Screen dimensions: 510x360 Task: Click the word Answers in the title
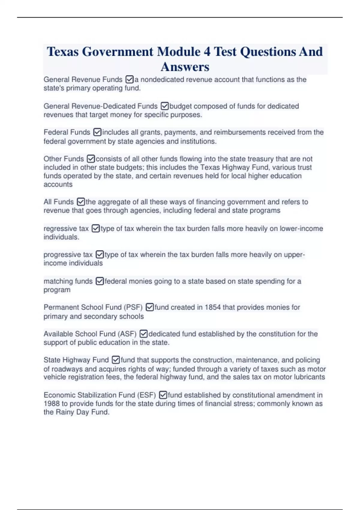[185, 67]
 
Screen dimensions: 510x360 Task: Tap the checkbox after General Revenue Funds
[130, 79]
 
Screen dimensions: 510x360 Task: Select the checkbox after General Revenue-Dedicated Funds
[165, 106]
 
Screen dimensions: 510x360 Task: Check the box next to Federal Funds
[97, 132]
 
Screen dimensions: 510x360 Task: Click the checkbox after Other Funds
[91, 159]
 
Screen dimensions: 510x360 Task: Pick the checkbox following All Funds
[81, 202]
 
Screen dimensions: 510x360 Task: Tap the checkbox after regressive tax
[95, 229]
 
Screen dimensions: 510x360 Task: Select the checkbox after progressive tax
[100, 255]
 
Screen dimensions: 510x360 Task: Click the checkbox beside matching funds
[100, 281]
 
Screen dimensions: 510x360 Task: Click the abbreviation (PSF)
[133, 307]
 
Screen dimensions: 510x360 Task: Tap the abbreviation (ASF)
[127, 334]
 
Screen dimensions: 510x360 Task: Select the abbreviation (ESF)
[146, 395]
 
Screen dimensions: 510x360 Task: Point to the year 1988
[52, 404]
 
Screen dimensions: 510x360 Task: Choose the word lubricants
[310, 377]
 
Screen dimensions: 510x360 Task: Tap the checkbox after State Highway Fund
[116, 360]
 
